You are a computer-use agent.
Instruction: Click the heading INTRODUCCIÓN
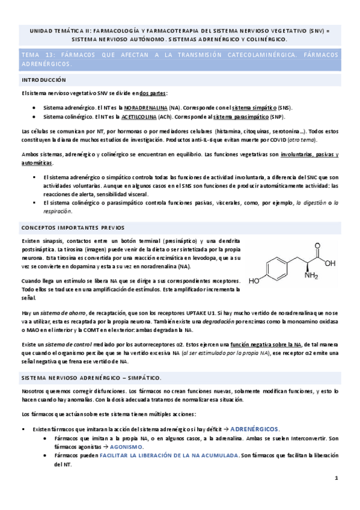[44, 79]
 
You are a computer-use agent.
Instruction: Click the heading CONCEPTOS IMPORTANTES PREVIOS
[73, 228]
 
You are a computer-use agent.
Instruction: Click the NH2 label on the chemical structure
[311, 276]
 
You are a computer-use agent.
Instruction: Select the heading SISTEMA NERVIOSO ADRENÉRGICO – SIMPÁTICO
[91, 377]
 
